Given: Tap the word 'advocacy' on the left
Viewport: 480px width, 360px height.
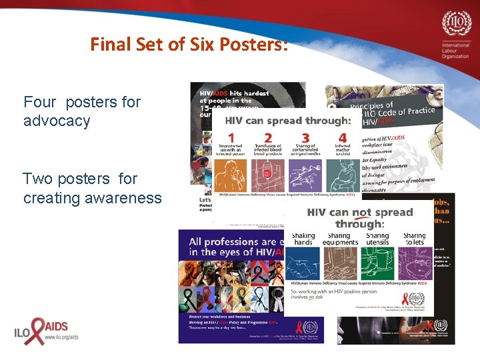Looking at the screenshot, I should pyautogui.click(x=57, y=121).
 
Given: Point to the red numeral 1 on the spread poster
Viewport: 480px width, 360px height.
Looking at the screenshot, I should pyautogui.click(x=231, y=138).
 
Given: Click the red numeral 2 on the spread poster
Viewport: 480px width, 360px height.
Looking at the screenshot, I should pyautogui.click(x=268, y=138).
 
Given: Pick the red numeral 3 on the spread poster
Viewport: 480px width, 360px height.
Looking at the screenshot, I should pyautogui.click(x=305, y=138).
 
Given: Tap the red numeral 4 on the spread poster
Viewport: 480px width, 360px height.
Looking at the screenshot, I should pyautogui.click(x=343, y=138).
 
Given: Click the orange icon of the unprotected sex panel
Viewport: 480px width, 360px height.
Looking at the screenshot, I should pyautogui.click(x=232, y=175).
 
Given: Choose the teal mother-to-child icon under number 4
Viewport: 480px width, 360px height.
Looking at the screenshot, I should pyautogui.click(x=343, y=175).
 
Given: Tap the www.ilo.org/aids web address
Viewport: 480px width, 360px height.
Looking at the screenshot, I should pyautogui.click(x=61, y=338).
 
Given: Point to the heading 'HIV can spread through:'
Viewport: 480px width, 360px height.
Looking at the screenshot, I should pyautogui.click(x=288, y=121).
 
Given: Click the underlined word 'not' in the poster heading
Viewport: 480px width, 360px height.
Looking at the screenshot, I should pyautogui.click(x=362, y=213).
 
